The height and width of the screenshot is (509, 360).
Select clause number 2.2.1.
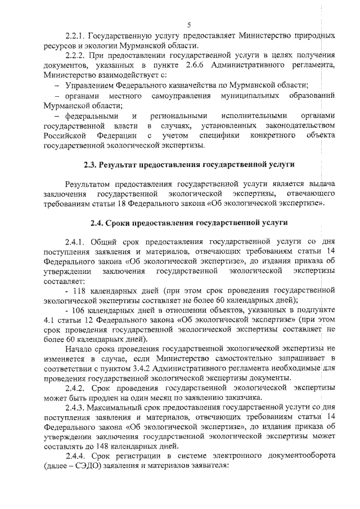click(x=76, y=35)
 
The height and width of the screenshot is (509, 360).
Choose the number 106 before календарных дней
click(x=78, y=310)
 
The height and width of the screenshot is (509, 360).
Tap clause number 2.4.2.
click(x=76, y=388)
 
